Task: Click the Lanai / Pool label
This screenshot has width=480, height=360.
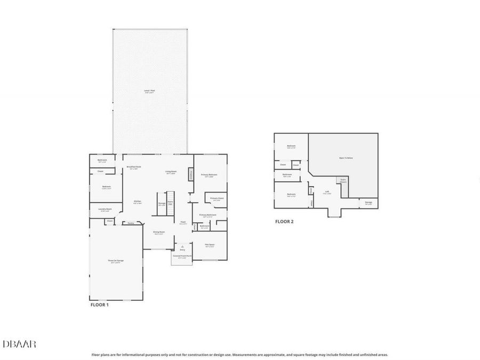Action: tap(149, 91)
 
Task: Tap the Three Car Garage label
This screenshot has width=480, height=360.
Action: tap(116, 261)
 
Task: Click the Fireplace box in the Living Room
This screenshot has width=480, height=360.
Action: tap(191, 175)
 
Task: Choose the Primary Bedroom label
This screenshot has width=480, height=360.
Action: tap(209, 175)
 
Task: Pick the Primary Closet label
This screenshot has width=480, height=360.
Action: tap(217, 198)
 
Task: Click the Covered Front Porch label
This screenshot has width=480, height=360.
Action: tap(182, 257)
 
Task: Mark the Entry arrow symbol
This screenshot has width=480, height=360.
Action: tap(182, 246)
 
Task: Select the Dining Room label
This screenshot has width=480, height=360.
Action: tap(159, 232)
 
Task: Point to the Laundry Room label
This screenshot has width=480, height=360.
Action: tap(105, 209)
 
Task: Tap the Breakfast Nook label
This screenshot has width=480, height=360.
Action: tap(134, 167)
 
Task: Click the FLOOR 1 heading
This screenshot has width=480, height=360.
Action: tap(99, 305)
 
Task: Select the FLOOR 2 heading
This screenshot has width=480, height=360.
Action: tap(284, 221)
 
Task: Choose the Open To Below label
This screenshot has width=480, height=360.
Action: tap(346, 158)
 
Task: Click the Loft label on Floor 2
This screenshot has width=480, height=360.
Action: tap(327, 191)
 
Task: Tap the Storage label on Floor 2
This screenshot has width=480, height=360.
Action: tap(369, 203)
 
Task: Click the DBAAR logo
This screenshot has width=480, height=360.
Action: tap(19, 345)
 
